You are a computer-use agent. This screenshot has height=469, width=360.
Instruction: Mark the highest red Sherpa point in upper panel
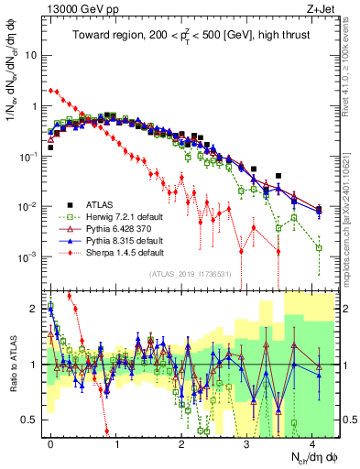[x=51, y=91]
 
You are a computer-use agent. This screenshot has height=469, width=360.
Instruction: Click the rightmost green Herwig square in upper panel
[x=319, y=247]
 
